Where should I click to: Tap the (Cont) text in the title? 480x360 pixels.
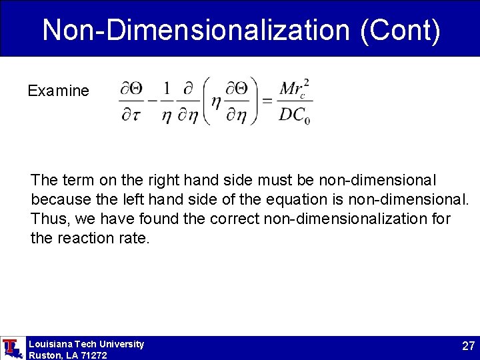[399, 30]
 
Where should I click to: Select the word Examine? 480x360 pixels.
[58, 91]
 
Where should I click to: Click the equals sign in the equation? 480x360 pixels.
[267, 101]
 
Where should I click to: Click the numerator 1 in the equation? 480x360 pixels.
[167, 88]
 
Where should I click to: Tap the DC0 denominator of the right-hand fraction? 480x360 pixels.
[295, 116]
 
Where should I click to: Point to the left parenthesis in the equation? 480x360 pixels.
[205, 101]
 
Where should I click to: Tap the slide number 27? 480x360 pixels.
[467, 346]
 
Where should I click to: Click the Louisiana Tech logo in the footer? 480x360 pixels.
[11, 348]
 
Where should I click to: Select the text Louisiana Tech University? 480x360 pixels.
[86, 344]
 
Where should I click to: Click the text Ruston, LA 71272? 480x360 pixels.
[67, 355]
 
